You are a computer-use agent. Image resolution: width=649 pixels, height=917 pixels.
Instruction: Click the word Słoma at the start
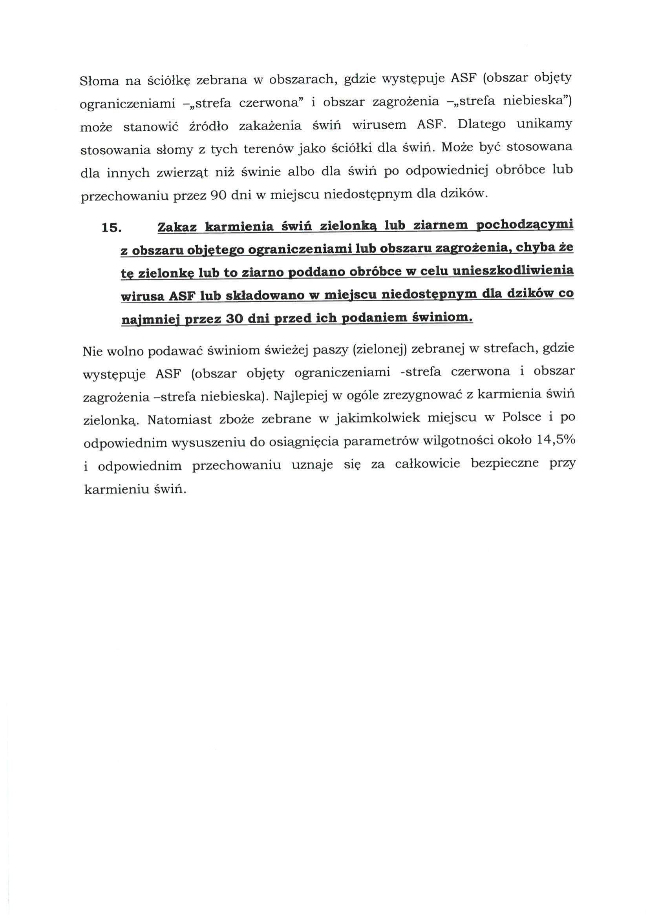pyautogui.click(x=97, y=81)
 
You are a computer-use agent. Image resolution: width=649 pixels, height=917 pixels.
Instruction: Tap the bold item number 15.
pyautogui.click(x=112, y=228)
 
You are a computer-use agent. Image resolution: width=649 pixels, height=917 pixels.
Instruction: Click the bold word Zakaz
pyautogui.click(x=177, y=227)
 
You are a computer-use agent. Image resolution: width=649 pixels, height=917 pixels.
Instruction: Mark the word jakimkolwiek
pyautogui.click(x=378, y=418)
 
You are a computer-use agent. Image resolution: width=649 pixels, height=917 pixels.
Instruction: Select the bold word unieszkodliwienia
pyautogui.click(x=511, y=271)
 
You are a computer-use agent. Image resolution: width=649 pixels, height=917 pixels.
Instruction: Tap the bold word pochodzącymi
pyautogui.click(x=525, y=225)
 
